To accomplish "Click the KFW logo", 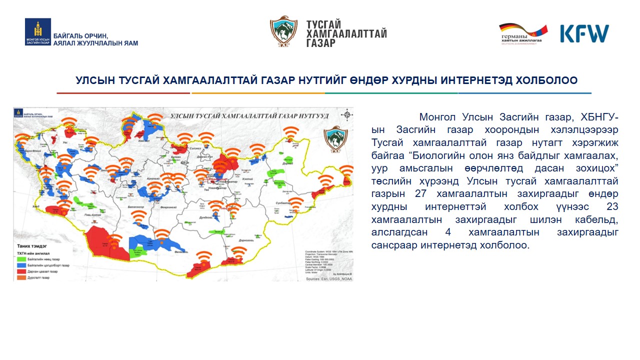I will pyautogui.click(x=584, y=33).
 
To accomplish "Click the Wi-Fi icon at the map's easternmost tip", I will pyautogui.click(x=345, y=171).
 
